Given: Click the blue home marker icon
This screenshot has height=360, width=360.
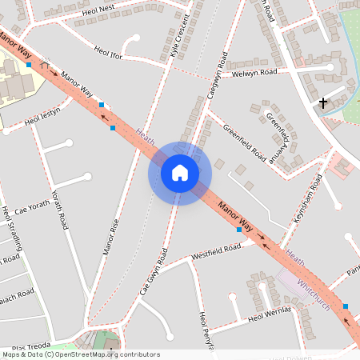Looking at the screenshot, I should pos(180,173).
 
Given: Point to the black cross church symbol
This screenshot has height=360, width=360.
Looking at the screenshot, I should pos(323,102).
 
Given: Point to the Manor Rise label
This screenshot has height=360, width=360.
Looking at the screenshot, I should pos(110,237).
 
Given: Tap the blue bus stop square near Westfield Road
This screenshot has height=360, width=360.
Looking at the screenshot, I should pos(238,230).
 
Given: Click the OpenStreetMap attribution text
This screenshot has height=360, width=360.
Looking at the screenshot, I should pos(80,354).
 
